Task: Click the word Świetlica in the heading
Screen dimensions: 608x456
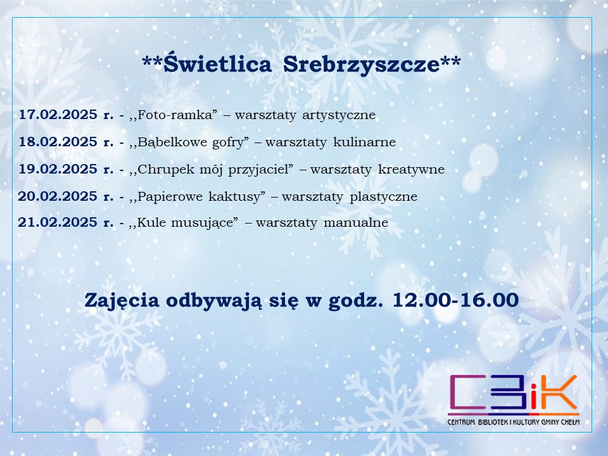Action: tap(217, 63)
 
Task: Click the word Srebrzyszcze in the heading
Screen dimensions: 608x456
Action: tap(362, 65)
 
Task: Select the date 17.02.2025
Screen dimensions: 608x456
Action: tap(58, 115)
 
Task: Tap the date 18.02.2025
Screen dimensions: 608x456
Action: tap(58, 142)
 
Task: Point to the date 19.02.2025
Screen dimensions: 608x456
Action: tap(58, 169)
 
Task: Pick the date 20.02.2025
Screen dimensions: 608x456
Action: tap(58, 196)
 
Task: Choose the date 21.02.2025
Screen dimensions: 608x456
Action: tap(58, 222)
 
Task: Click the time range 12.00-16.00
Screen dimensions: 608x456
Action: tap(455, 300)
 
